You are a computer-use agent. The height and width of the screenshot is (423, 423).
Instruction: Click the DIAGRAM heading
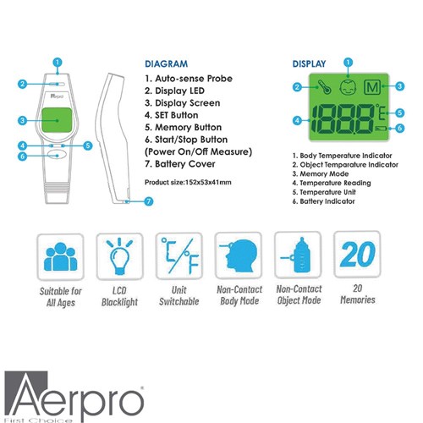pos(166,63)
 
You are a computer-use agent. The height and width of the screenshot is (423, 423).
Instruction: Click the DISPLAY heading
pos(309,63)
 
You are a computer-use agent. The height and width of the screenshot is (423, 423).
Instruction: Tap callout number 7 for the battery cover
pos(149,201)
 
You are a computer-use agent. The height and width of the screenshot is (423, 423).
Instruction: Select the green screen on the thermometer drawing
pos(57,120)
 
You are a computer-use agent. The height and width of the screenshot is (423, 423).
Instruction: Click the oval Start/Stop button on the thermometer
pos(58,154)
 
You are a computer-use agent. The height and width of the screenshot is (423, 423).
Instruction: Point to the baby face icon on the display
pos(348,87)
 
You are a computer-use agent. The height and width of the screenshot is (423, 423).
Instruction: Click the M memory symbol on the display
pos(372,87)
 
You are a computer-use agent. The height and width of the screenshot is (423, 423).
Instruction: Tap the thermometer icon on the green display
pos(325,87)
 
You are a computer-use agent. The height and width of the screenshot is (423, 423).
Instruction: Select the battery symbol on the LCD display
pos(381,129)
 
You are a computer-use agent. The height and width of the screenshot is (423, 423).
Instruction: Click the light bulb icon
pos(119,255)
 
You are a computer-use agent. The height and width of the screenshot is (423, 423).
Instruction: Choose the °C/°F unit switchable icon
pos(179,256)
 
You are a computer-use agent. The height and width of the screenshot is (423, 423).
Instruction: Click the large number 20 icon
pos(357,255)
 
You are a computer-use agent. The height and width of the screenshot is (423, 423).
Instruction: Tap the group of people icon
pos(60,257)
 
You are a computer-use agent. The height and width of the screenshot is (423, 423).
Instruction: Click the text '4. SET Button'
pos(172,115)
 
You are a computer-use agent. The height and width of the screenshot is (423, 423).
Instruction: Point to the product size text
pos(188,182)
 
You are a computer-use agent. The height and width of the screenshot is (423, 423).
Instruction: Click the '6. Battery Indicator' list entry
pos(323,201)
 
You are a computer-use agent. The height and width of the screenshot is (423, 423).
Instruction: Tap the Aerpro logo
pos(74,397)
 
